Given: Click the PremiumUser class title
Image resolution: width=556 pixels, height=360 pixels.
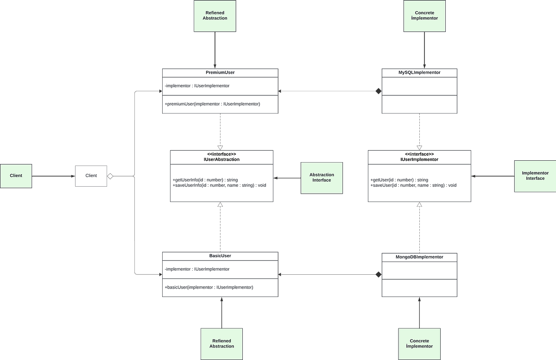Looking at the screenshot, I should coord(220,73).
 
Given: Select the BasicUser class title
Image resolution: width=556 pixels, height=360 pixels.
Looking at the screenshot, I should coord(220,256).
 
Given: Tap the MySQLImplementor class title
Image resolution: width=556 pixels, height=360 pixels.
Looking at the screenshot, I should coord(419,73).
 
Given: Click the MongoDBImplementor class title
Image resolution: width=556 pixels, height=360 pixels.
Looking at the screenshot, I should coord(419,257).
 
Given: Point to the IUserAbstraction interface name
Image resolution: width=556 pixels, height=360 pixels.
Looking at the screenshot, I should coord(221,159).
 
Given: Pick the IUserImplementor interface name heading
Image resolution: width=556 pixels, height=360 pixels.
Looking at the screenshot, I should coord(419,159).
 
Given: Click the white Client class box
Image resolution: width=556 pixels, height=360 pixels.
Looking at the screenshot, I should coord(91,176).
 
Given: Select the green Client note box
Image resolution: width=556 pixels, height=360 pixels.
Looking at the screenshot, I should coord(16,176).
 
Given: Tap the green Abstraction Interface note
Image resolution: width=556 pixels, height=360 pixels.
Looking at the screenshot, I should coord(322,177).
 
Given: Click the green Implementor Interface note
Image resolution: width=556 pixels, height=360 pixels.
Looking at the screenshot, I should coord(535,176).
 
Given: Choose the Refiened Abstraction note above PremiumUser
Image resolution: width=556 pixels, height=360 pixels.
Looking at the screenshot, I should coord(215,15).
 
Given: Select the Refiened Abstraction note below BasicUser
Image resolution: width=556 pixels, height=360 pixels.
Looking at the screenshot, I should coord(221,343).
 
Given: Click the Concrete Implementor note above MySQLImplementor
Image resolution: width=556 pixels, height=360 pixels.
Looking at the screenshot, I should coord(424,15).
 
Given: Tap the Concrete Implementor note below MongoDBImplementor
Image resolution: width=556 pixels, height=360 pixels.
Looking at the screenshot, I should coord(419,343).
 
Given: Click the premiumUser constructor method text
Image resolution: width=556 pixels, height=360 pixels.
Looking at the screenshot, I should coord(212,104).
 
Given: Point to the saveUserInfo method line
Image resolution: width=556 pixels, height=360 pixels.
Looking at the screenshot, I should coord(219,185).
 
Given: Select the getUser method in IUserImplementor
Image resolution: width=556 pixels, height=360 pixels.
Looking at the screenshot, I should coord(399,180).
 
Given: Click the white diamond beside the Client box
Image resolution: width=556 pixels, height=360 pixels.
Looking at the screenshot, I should coord(110,176).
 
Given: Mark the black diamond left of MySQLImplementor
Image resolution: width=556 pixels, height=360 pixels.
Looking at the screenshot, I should coord(379,91).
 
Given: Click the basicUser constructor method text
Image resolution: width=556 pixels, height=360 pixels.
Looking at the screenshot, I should coord(209,287).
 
